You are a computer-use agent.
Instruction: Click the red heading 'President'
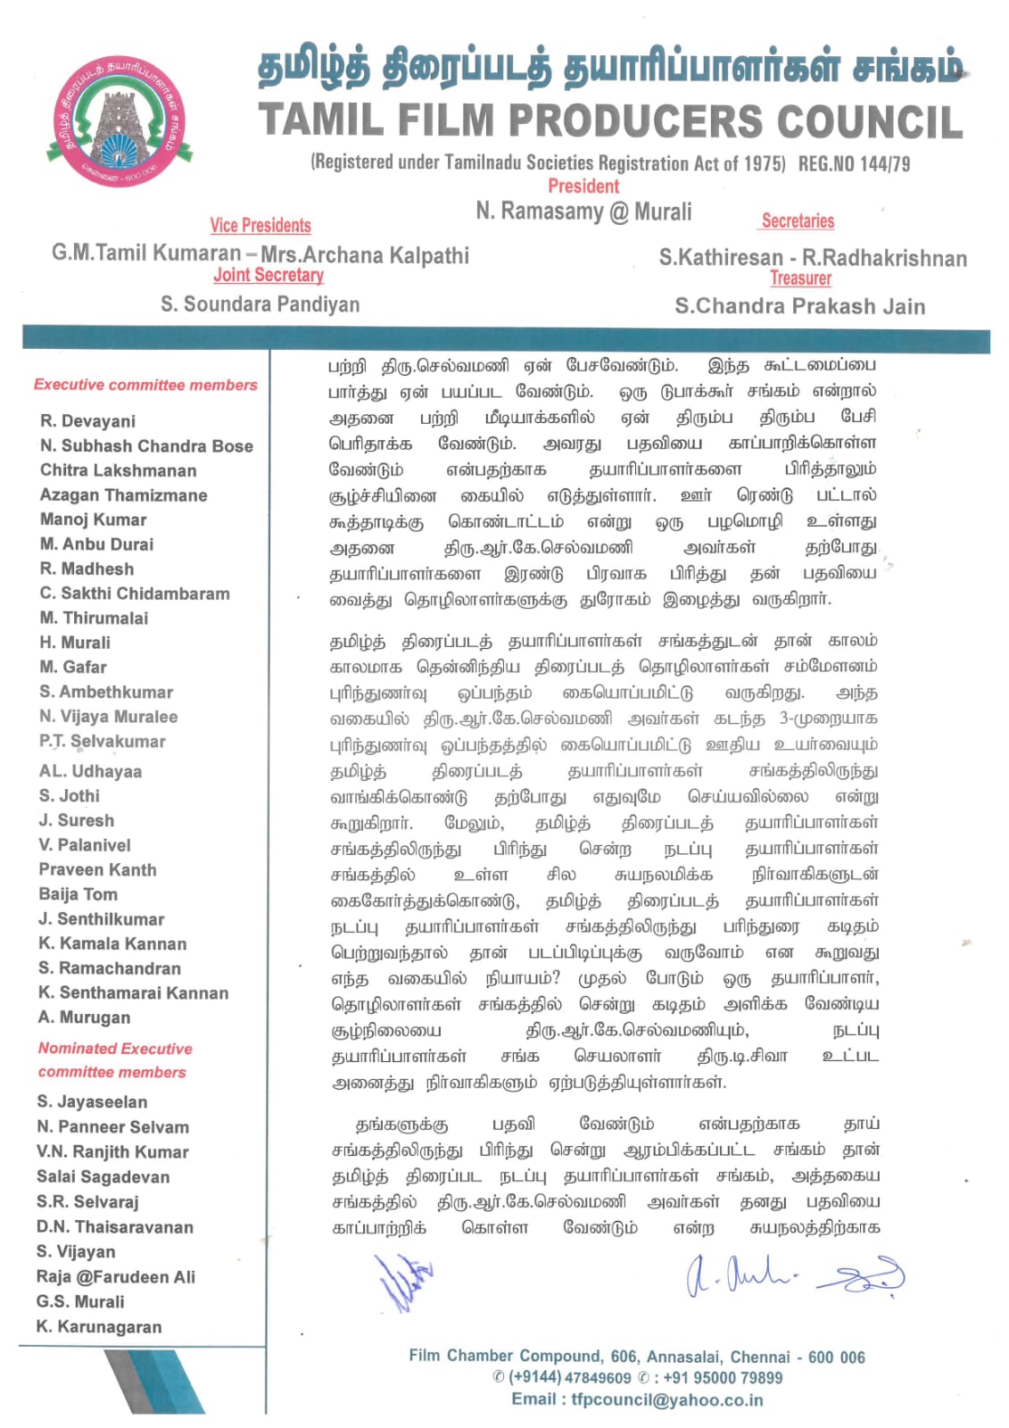[583, 187]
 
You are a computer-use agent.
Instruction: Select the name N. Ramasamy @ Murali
[583, 212]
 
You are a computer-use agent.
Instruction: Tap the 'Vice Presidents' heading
[261, 226]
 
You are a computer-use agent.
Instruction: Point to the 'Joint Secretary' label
[268, 276]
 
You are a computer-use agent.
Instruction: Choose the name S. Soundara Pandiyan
[261, 304]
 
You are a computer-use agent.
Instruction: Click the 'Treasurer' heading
[800, 278]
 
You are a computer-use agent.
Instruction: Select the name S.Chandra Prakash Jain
[799, 306]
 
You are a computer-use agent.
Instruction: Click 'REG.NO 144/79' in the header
[854, 163]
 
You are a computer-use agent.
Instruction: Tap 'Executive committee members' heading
[145, 385]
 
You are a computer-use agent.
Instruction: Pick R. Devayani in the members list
[87, 421]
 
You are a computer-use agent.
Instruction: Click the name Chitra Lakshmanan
[118, 470]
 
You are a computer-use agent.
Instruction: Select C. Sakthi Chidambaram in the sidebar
[135, 594]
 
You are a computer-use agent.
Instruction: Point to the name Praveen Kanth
[97, 869]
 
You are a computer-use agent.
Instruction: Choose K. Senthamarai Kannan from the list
[133, 992]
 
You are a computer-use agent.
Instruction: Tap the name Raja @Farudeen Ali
[115, 1276]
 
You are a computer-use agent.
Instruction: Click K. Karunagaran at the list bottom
[99, 1326]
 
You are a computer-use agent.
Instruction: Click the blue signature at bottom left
[403, 1282]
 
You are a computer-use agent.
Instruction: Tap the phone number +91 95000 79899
[722, 1377]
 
